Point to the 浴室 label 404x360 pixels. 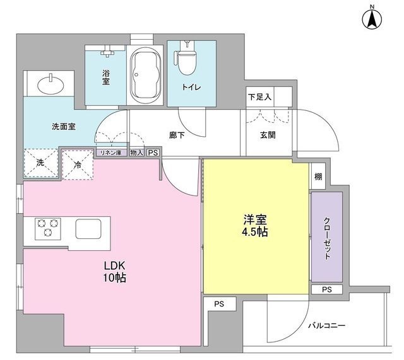(x=107, y=76)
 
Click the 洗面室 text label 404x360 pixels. (x=64, y=126)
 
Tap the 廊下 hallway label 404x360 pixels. (x=177, y=134)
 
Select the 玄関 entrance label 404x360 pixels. (x=266, y=134)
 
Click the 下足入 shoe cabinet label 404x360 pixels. (x=259, y=98)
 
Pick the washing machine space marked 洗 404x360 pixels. (x=40, y=163)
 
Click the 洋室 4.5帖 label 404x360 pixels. (x=256, y=226)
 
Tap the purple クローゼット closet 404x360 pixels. (x=327, y=237)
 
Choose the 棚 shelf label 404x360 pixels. (x=318, y=177)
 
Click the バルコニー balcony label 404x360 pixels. (x=326, y=325)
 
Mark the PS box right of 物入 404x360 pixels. (x=153, y=153)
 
